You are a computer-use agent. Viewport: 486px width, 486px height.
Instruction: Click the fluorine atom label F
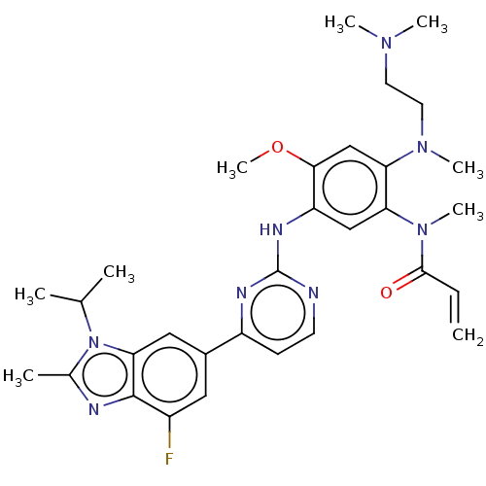pos(169,459)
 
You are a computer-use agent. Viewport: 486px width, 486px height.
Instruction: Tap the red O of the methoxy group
pos(277,147)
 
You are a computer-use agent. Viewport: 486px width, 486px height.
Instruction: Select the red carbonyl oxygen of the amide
pos(386,293)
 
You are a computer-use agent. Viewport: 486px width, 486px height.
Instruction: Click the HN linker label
pos(271,229)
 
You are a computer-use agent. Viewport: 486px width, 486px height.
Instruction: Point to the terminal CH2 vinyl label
pos(468,335)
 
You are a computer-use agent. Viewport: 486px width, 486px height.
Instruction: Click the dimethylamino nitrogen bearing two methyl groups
pos(386,43)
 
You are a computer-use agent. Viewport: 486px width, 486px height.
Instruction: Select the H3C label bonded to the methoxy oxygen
pos(232,169)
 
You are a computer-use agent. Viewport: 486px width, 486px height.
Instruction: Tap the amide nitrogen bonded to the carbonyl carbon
pos(422,229)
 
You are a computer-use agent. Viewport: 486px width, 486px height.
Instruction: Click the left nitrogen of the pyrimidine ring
pos(242,293)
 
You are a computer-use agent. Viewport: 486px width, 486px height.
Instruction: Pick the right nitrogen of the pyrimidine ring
pos(314,293)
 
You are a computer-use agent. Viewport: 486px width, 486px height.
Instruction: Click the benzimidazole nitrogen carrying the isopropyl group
pos(93,342)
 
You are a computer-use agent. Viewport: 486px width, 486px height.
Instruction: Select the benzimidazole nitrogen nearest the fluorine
pos(93,409)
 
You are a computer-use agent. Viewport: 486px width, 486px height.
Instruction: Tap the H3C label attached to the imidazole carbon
pos(18,376)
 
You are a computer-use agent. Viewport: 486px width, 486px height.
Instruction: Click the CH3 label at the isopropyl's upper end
pos(119,273)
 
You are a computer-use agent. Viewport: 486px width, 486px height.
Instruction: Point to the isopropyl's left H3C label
pos(30,295)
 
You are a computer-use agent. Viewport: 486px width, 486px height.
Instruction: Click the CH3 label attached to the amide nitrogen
pos(468,211)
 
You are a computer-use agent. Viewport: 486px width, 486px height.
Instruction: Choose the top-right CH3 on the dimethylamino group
pos(432,23)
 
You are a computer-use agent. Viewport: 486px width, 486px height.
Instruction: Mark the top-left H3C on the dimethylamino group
pos(340,23)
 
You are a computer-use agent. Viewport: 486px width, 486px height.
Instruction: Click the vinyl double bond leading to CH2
pos(455,307)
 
